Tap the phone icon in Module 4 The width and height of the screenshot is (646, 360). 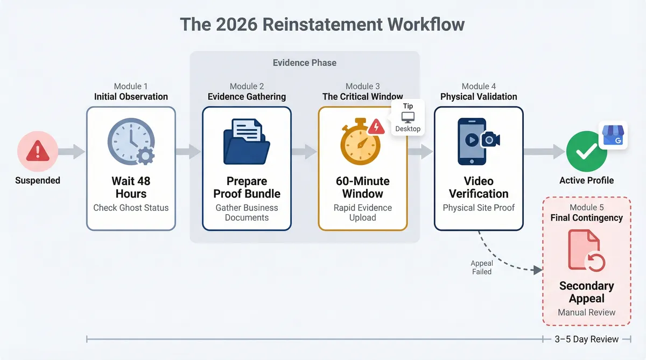472,142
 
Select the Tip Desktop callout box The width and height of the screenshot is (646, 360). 408,117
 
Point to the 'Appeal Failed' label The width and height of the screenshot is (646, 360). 482,267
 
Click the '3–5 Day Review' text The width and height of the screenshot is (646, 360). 587,339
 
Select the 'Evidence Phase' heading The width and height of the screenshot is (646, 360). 305,63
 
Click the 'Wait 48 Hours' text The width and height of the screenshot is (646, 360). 131,187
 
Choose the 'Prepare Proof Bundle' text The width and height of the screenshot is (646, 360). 247,187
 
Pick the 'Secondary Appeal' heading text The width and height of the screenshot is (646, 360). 586,292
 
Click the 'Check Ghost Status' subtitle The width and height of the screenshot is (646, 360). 131,208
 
